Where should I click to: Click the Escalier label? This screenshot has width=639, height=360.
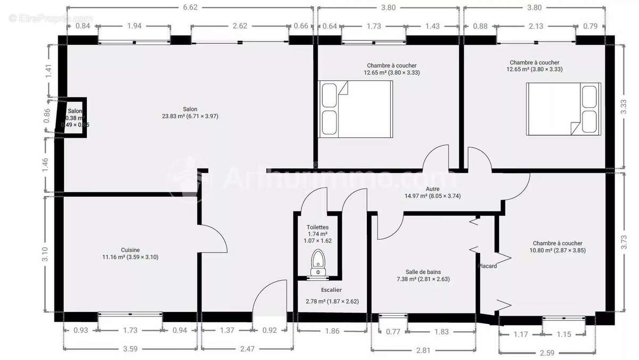pos(331,290)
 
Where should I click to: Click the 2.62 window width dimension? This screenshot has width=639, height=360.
pos(240,26)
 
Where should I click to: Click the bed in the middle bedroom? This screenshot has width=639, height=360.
pos(356,109)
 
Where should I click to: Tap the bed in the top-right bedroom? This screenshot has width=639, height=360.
pos(563,109)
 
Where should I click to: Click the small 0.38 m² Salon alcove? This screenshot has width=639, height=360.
pos(75,118)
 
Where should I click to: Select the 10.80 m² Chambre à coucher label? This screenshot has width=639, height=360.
pos(557,247)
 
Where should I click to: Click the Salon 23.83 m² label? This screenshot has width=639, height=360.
pos(190,112)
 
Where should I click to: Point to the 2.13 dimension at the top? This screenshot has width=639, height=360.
pos(536,26)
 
